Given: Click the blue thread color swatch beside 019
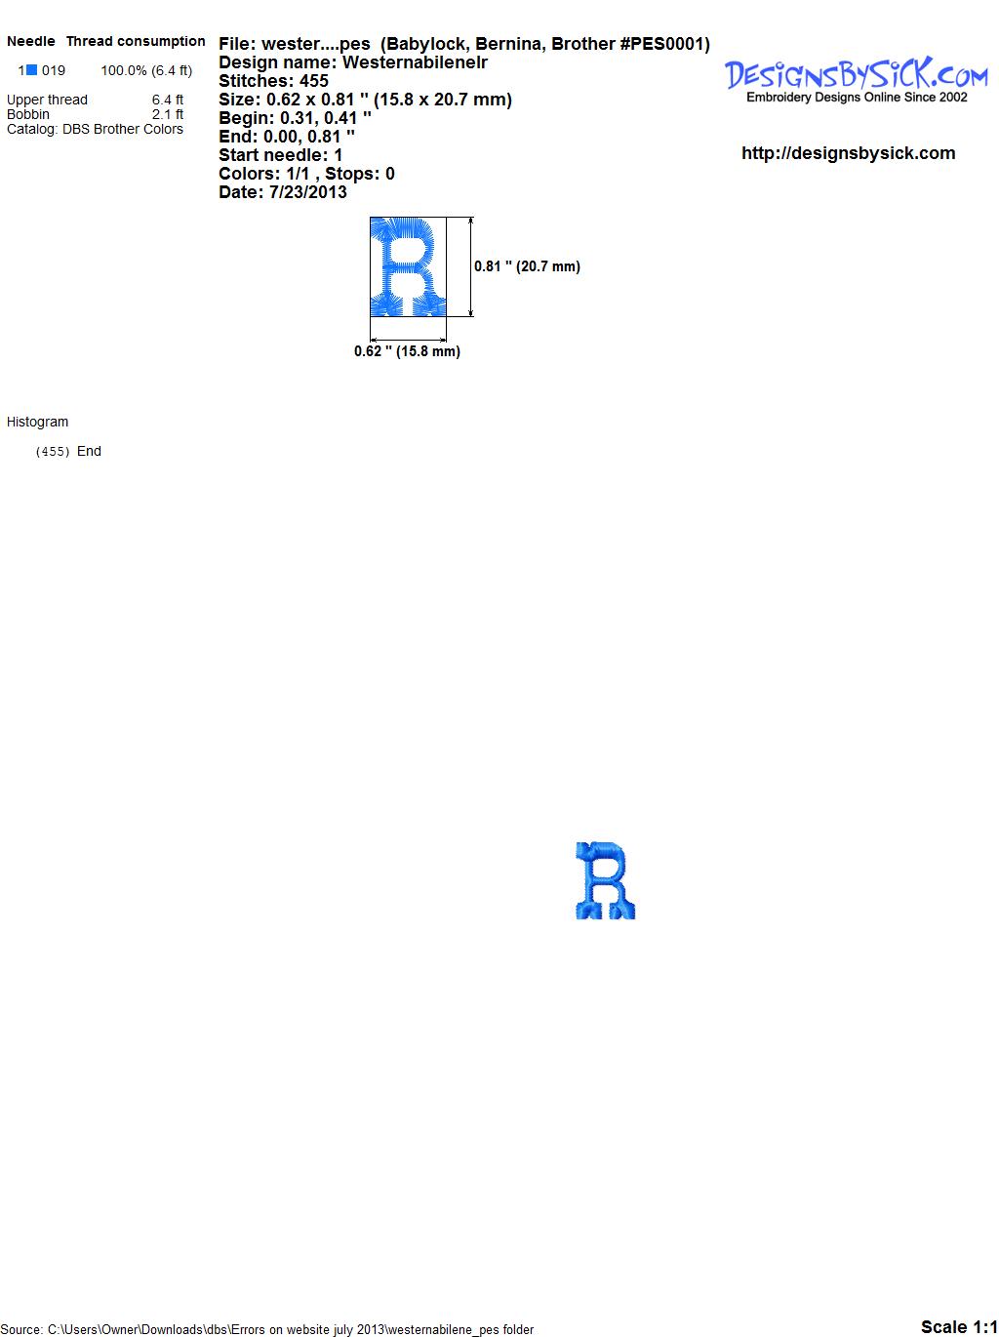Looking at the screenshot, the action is pyautogui.click(x=31, y=70).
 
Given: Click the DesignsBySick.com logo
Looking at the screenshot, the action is pyautogui.click(x=856, y=80).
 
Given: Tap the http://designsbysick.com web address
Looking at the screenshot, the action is pyautogui.click(x=848, y=153).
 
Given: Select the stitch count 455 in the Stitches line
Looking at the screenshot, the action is pyautogui.click(x=313, y=81).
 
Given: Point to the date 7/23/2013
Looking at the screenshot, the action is pyautogui.click(x=307, y=192).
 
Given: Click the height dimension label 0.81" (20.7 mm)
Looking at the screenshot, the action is pyautogui.click(x=527, y=266).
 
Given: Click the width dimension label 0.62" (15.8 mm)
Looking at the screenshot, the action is pyautogui.click(x=407, y=351).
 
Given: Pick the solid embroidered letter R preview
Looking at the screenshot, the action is pyautogui.click(x=605, y=880).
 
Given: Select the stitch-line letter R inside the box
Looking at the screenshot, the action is pyautogui.click(x=408, y=266).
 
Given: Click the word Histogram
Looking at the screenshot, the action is pyautogui.click(x=37, y=422).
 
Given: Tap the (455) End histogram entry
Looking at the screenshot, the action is pyautogui.click(x=68, y=451).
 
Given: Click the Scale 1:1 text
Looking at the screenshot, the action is pyautogui.click(x=959, y=1326).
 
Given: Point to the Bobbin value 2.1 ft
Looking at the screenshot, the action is pyautogui.click(x=168, y=114).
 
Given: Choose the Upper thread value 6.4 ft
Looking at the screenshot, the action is pyautogui.click(x=168, y=100).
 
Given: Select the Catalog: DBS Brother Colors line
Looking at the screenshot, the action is pyautogui.click(x=95, y=129).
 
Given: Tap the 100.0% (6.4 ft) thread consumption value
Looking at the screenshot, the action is pyautogui.click(x=146, y=70).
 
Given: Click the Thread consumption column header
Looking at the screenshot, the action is pyautogui.click(x=136, y=41).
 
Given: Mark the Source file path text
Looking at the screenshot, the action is pyautogui.click(x=266, y=1329).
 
